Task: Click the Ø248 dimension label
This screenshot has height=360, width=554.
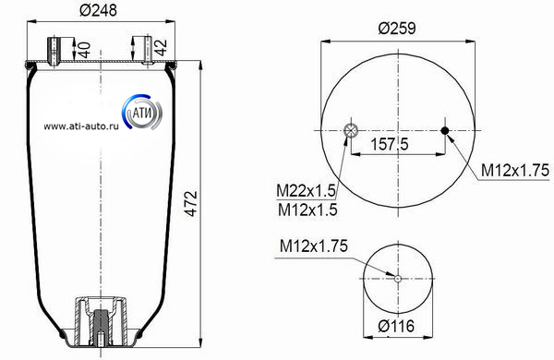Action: click(x=98, y=9)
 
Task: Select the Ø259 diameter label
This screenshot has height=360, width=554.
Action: click(x=397, y=29)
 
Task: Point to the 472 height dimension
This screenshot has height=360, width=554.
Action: click(x=191, y=203)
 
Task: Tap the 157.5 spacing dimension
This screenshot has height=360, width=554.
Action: click(x=390, y=144)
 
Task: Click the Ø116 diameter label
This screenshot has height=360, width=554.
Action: click(x=396, y=326)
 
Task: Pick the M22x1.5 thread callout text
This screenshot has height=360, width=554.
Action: click(x=306, y=191)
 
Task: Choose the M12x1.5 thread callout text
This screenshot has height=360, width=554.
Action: click(x=307, y=210)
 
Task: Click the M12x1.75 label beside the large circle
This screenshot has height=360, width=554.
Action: click(x=515, y=170)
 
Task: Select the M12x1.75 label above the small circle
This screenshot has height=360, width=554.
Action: click(x=314, y=246)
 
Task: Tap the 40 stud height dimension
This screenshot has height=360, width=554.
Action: click(x=84, y=50)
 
